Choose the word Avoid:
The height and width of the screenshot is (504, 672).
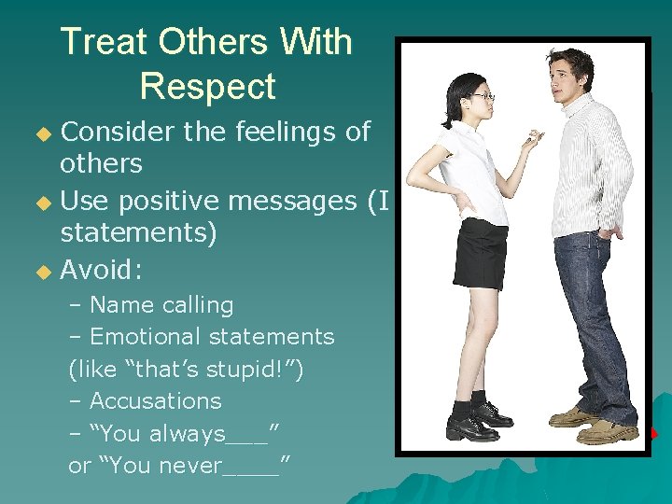[x=101, y=271]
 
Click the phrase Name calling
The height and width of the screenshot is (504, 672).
[x=161, y=305]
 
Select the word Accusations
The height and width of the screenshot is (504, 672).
[x=155, y=401]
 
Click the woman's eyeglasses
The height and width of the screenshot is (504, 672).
[x=482, y=96]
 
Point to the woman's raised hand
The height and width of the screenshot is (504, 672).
[x=533, y=141]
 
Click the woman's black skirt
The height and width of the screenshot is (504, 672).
[x=480, y=253]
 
